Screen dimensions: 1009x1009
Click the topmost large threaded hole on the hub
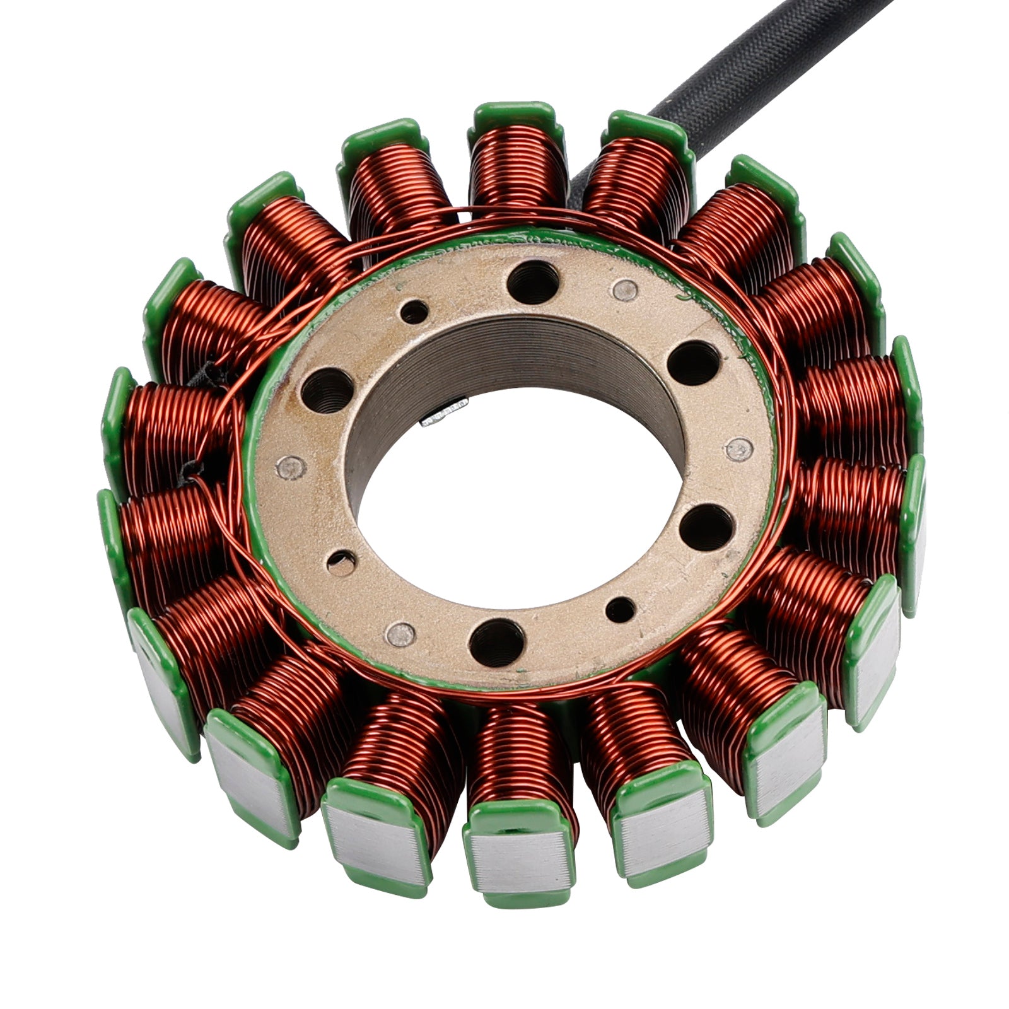pos(533,281)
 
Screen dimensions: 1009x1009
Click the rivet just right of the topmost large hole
pos(625,289)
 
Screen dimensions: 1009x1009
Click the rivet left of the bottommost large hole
pos(400,634)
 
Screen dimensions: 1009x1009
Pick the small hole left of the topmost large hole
pos(414,312)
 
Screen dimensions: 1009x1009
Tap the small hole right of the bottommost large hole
pos(621,609)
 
